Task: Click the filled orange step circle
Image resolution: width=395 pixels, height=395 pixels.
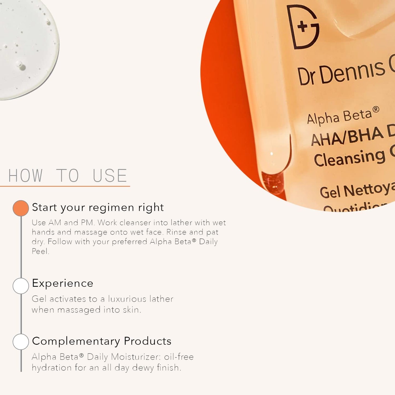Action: coord(21,208)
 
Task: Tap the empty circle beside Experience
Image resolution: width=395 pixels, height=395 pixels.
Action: coord(21,286)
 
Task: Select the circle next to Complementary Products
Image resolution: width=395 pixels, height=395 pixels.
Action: coord(21,341)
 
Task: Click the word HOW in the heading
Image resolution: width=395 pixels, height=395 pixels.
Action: coord(25,175)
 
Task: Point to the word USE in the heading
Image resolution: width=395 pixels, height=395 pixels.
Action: coord(110,175)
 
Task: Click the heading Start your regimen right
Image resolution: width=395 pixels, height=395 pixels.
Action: coord(98,207)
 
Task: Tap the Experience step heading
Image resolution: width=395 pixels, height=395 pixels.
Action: coord(63,283)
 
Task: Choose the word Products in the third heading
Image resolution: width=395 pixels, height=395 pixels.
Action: coord(148,341)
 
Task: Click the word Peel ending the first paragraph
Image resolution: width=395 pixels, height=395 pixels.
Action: coord(40,251)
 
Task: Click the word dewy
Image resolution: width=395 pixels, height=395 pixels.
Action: coord(143,368)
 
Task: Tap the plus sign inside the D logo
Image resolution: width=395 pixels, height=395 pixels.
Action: coord(302,27)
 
